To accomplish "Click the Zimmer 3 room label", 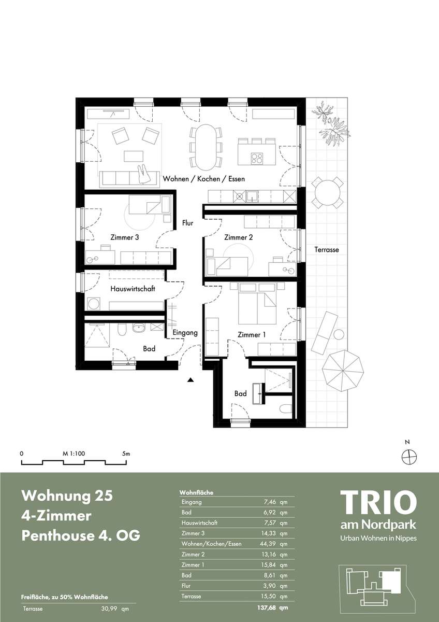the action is pyautogui.click(x=125, y=237).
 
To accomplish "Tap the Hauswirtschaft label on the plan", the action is pyautogui.click(x=133, y=289).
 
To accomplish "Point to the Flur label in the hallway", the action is pyautogui.click(x=188, y=223).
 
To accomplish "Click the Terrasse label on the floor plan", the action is pyautogui.click(x=327, y=250).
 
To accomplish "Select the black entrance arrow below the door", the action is pyautogui.click(x=190, y=380).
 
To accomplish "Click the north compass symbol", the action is pyautogui.click(x=409, y=457).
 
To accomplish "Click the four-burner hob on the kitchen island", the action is pyautogui.click(x=257, y=159).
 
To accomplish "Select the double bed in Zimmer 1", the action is pyautogui.click(x=257, y=304).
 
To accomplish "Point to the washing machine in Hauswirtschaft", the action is pyautogui.click(x=94, y=304).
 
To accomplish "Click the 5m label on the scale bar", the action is pyautogui.click(x=126, y=454).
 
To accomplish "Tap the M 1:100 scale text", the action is pyautogui.click(x=74, y=454).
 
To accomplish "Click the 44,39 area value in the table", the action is pyautogui.click(x=268, y=544).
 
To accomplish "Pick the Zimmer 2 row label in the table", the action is pyautogui.click(x=193, y=554).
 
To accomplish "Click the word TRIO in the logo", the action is pyautogui.click(x=378, y=503).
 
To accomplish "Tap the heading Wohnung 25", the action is pyautogui.click(x=67, y=496).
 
